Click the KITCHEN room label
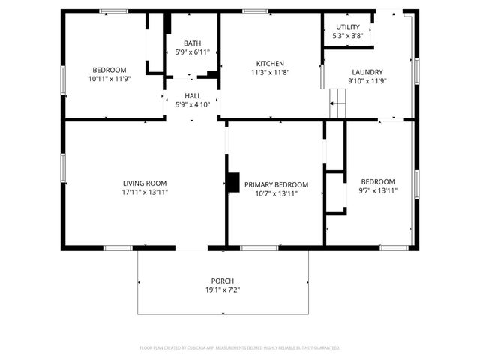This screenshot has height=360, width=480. click(269, 64)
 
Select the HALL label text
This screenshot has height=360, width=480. click(192, 96)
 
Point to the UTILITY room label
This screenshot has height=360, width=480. click(347, 27)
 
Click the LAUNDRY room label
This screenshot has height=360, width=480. click(367, 72)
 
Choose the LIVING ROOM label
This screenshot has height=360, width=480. click(145, 183)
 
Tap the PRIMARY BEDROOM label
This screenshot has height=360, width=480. click(276, 185)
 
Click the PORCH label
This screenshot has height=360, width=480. click(223, 280)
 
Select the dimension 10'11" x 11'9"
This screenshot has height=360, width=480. click(109, 78)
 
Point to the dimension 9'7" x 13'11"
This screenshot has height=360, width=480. click(378, 191)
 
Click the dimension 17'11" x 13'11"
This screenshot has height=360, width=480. click(145, 192)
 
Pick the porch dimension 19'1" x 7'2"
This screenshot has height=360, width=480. click(223, 289)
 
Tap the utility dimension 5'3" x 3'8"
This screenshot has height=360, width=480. click(347, 36)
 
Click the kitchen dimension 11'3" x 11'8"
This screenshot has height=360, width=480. click(269, 73)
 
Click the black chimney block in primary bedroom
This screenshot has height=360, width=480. click(232, 182)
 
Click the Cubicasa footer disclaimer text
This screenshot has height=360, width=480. click(240, 348)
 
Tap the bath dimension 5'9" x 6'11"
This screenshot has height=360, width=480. click(192, 52)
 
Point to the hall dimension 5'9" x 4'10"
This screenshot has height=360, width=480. click(192, 105)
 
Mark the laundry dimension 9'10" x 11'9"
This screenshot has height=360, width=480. click(367, 81)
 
